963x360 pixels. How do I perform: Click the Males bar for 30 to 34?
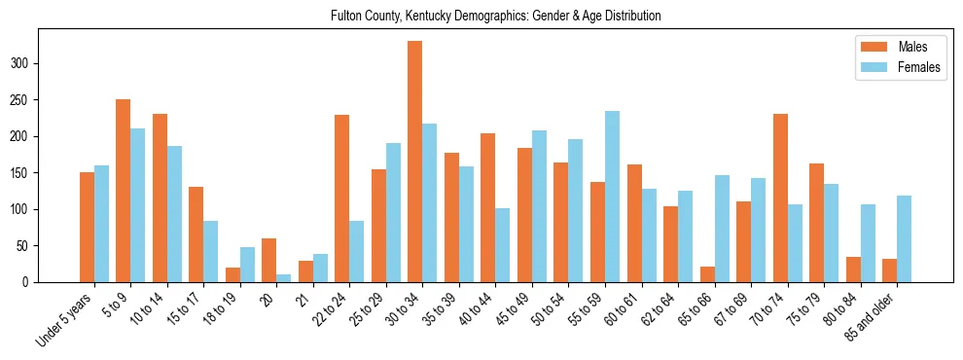coord(414,162)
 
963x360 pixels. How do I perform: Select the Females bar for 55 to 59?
coord(612,197)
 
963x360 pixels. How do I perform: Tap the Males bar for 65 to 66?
coord(707,274)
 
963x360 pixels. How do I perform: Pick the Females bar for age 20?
coord(283,278)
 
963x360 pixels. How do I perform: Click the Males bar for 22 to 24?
coord(341,198)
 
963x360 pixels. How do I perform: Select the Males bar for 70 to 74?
coord(780,198)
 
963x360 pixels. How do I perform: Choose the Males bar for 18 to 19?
coord(232,274)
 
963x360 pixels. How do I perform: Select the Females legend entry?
coord(890,68)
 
